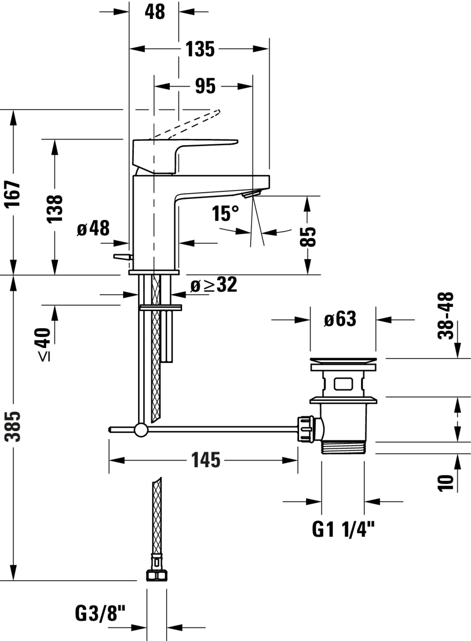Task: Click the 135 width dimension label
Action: click(200, 49)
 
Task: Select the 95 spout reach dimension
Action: click(205, 86)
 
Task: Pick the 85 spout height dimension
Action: click(308, 236)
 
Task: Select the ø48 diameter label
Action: click(93, 228)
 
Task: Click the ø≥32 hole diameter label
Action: click(214, 285)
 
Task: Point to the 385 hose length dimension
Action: click(13, 426)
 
